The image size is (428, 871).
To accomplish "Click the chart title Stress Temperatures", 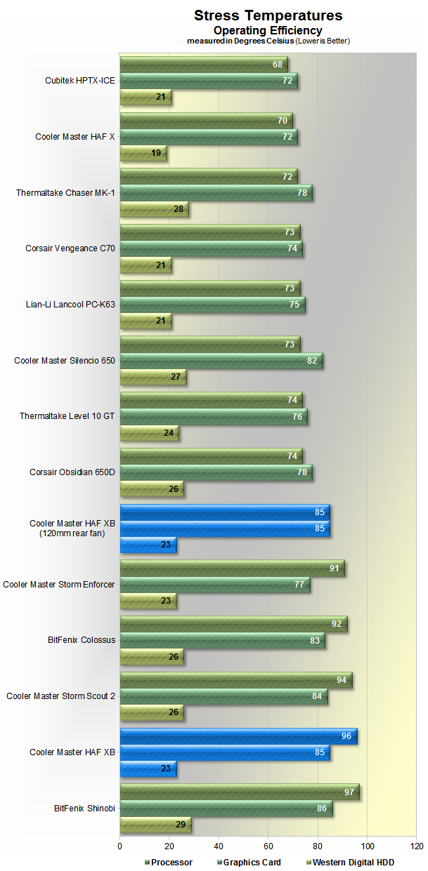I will [268, 15].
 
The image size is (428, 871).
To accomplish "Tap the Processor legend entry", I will [171, 862].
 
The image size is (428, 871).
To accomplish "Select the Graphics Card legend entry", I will [252, 862].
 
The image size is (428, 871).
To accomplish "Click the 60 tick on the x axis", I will [268, 846].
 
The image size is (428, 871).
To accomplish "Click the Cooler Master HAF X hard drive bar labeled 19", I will [143, 152].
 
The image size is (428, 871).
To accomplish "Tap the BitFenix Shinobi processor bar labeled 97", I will [240, 792].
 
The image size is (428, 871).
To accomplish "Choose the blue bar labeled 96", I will [238, 736].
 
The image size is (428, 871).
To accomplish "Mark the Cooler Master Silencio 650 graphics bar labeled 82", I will [221, 361].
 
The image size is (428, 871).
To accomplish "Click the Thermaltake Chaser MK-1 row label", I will [65, 192].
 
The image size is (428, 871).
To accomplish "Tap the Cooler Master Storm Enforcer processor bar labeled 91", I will [232, 569].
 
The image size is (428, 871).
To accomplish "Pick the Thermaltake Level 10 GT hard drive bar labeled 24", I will [149, 433].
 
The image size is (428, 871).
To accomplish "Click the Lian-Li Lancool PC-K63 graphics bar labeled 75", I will [212, 305].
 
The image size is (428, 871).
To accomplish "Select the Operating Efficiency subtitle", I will [268, 30].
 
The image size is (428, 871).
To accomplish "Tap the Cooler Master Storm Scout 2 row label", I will [60, 696].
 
